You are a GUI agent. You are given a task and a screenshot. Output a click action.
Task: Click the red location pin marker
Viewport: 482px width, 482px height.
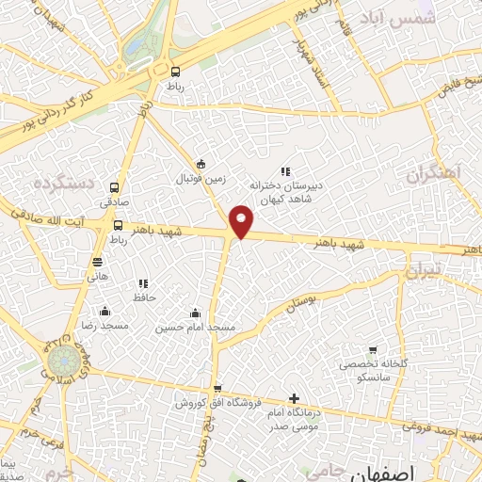(242, 220)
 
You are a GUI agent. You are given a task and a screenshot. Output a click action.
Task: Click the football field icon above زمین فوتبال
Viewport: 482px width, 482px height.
(200, 162)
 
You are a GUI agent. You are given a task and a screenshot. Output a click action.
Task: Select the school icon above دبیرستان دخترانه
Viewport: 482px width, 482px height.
(284, 170)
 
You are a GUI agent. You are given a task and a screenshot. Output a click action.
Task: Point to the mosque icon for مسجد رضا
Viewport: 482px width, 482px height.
(104, 312)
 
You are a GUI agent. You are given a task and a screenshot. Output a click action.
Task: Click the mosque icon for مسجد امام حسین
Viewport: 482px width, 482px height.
(195, 313)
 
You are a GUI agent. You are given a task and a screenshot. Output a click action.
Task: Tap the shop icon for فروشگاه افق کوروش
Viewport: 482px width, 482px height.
(217, 388)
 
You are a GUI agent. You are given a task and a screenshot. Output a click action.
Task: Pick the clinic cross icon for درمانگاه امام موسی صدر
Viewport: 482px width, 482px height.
(294, 399)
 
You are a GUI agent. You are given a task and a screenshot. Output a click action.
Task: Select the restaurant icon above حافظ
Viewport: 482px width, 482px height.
(143, 283)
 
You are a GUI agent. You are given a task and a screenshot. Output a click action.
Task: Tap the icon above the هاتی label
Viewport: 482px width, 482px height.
(98, 262)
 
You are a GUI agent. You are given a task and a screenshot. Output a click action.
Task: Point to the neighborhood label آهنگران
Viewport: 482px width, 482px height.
(437, 173)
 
